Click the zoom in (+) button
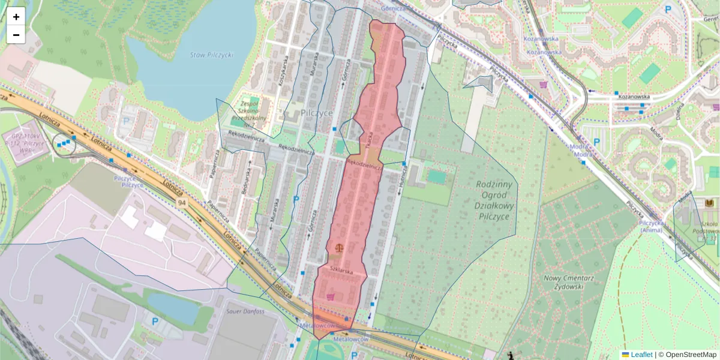coord(16,17)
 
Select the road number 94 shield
coord(181,204)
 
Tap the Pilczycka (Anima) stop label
coord(651,226)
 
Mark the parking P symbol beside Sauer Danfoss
coord(155,322)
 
